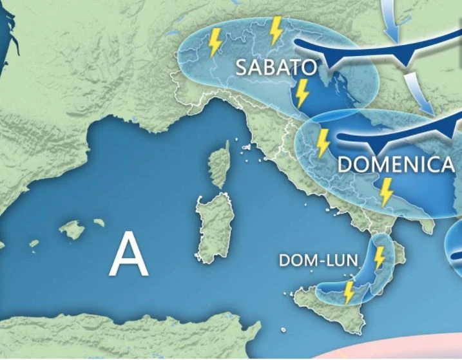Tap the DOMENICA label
tap(396, 165)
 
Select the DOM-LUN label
tap(318, 260)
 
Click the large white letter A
tap(129, 254)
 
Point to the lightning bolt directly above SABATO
tap(276, 29)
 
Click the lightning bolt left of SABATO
tap(215, 43)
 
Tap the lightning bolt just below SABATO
tap(302, 94)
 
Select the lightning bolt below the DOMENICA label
tap(386, 192)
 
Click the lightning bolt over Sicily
tap(349, 292)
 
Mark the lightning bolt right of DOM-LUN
tap(380, 256)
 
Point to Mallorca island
tap(71, 229)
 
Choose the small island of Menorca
tap(99, 222)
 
